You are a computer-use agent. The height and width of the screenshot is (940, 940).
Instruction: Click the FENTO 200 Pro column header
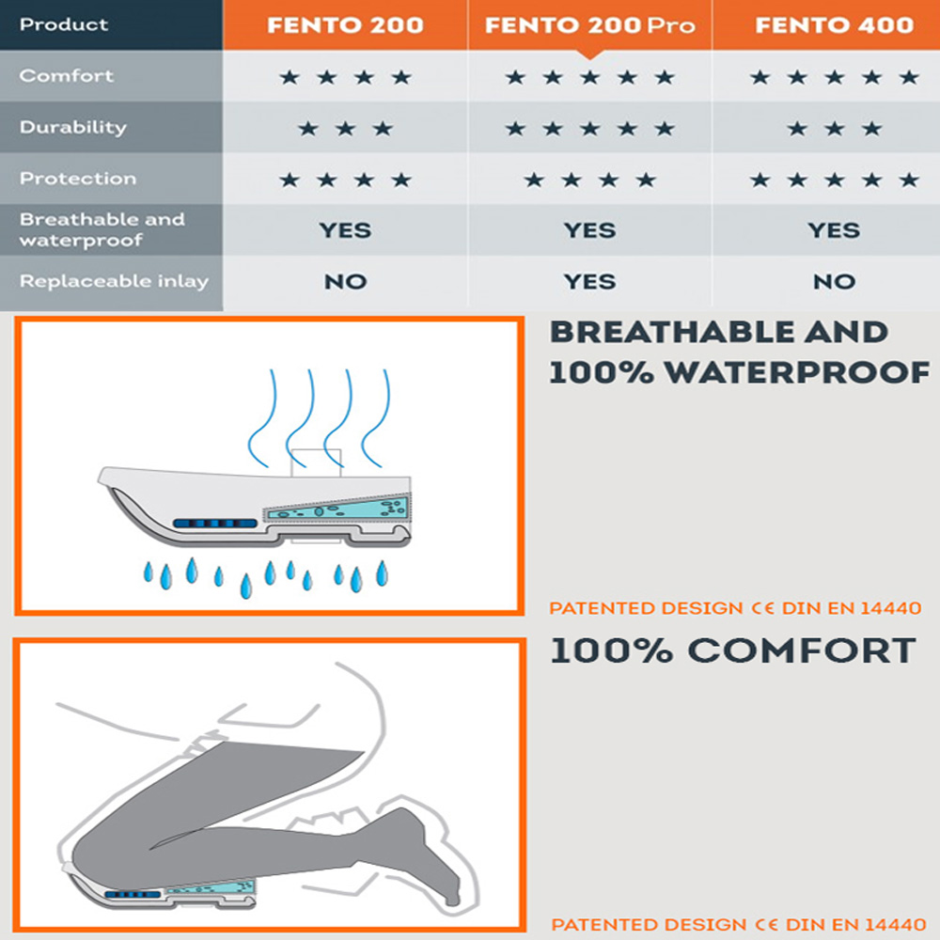tap(590, 25)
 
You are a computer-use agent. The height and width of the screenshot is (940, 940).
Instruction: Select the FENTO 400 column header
tap(835, 25)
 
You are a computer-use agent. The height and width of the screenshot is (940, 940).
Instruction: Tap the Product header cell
tap(64, 24)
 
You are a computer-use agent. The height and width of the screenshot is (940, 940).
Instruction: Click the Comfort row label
tap(66, 75)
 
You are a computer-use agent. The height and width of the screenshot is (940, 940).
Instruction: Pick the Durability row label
tap(73, 127)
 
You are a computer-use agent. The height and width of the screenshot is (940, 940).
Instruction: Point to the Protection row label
tap(78, 178)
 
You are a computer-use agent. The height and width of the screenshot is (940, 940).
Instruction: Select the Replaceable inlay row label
tap(114, 281)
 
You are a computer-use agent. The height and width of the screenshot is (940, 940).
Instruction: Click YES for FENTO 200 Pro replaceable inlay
tap(590, 282)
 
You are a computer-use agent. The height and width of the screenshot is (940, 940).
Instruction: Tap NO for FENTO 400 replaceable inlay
tap(835, 282)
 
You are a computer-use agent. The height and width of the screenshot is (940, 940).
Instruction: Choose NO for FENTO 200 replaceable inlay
tap(345, 282)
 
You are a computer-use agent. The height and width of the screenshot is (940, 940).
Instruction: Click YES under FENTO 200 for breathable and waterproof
tap(345, 230)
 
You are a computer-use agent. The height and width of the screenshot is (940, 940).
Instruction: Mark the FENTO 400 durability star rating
tap(835, 128)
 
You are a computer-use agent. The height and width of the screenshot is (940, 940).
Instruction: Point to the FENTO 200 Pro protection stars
tap(590, 180)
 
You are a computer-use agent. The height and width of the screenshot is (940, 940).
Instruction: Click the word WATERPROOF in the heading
tap(797, 373)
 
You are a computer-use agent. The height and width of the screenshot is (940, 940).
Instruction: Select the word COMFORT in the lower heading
tap(802, 651)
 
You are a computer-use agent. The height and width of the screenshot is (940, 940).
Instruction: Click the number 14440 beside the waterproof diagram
tap(891, 608)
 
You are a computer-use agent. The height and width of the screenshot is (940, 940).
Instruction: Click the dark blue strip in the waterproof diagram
tap(215, 524)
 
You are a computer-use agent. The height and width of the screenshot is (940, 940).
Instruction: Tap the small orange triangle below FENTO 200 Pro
tap(590, 55)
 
